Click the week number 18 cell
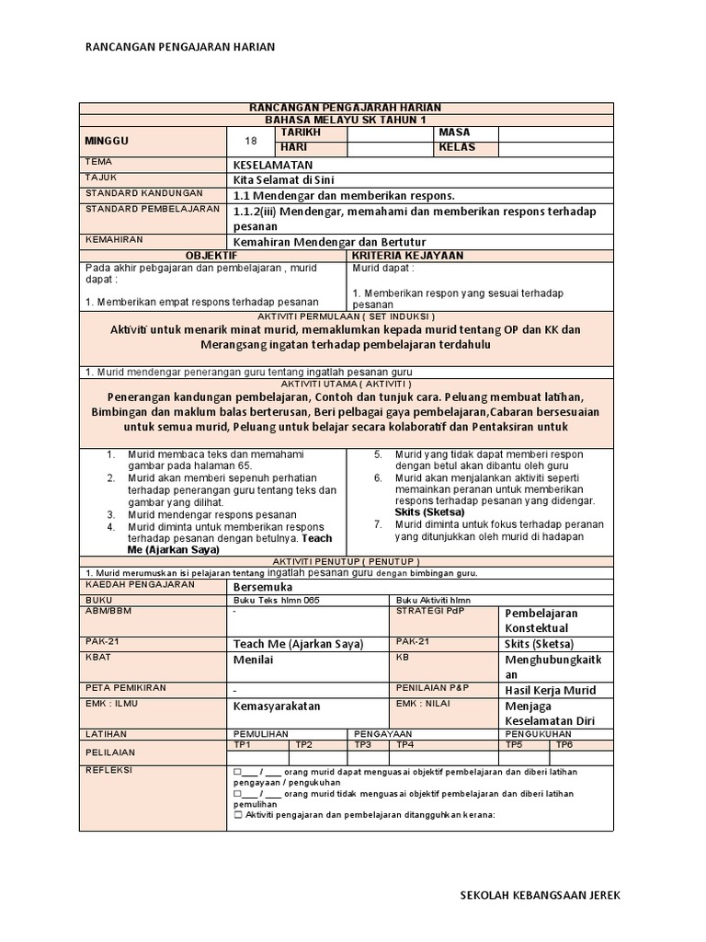click(x=251, y=141)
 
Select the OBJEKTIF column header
click(x=211, y=255)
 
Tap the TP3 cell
click(x=363, y=744)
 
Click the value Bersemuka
click(x=263, y=586)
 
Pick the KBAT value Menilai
click(x=254, y=660)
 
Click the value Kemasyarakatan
click(x=277, y=706)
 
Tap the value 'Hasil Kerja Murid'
click(x=551, y=690)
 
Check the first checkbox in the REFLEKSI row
click(x=238, y=772)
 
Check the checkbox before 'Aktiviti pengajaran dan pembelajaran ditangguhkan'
click(x=238, y=815)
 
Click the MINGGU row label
click(x=107, y=142)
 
